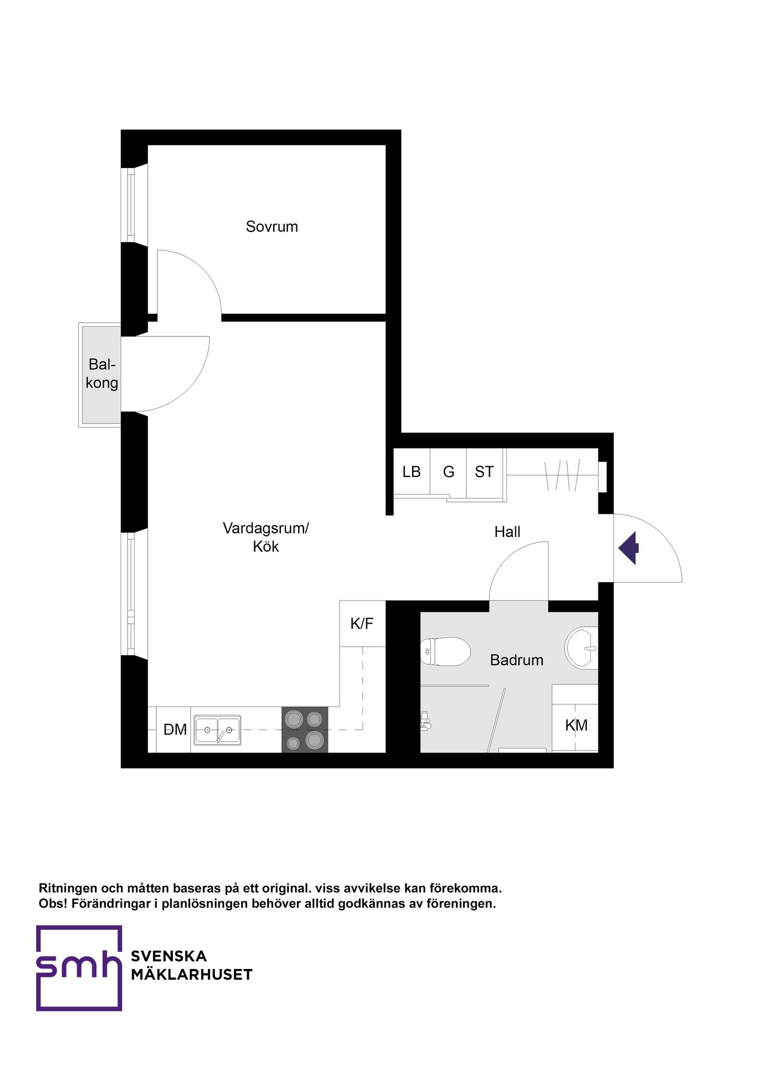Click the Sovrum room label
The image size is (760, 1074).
tap(272, 227)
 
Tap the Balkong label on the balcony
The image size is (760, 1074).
tap(102, 374)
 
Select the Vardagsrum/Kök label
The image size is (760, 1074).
tap(265, 537)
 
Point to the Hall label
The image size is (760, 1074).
tap(507, 532)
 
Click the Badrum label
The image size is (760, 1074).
tap(517, 660)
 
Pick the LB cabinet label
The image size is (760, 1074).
tap(411, 472)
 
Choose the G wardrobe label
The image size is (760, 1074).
tap(448, 472)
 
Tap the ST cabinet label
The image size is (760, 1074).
tap(484, 472)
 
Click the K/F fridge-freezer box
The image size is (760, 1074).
tap(362, 624)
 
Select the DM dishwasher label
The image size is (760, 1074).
tap(175, 730)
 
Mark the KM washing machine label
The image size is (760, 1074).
tap(576, 725)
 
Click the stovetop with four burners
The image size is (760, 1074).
tap(305, 730)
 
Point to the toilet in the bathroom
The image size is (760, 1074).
tap(445, 652)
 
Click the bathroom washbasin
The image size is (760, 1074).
tap(582, 648)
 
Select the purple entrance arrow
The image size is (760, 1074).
tap(629, 548)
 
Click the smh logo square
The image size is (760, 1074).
tap(79, 968)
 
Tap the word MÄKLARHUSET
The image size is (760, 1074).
tap(191, 975)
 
